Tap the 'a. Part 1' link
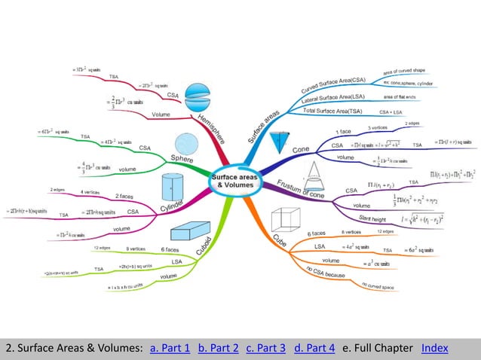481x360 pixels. [170, 348]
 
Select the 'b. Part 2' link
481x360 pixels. [219, 348]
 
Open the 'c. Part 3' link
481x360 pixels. [266, 348]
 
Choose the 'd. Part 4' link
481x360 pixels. [314, 348]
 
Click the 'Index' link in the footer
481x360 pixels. [435, 348]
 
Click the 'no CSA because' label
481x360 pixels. [323, 274]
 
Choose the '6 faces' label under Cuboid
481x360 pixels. [170, 249]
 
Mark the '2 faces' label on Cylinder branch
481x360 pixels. [124, 197]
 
